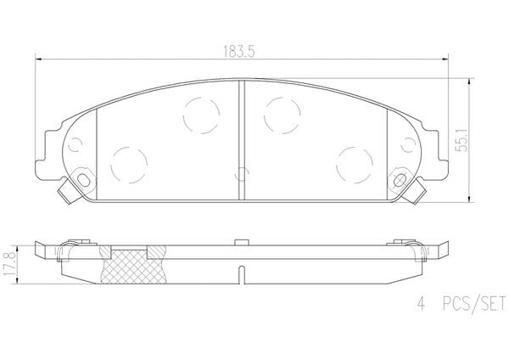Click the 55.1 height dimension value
tap(461, 140)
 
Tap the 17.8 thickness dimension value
tap(9, 263)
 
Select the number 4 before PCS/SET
tap(421, 304)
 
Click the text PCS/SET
tap(474, 304)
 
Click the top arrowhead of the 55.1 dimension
tap(469, 82)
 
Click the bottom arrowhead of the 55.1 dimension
tap(469, 198)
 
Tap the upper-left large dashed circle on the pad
tap(201, 115)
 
